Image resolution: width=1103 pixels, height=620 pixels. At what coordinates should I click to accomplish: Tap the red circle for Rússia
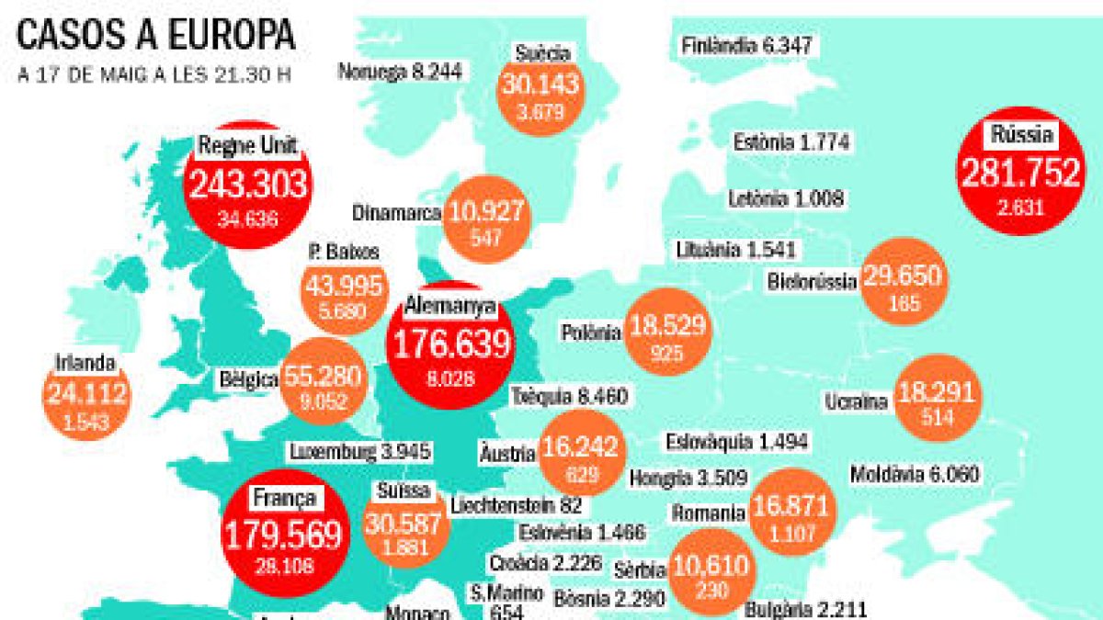(x=1020, y=175)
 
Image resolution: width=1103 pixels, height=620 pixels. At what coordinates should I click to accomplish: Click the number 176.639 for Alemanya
(x=451, y=344)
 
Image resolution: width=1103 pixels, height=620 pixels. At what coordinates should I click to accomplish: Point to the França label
(x=283, y=499)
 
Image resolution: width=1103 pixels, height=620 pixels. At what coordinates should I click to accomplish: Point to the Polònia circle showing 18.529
(x=667, y=332)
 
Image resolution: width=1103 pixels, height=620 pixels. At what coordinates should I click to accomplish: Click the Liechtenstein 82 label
(x=517, y=504)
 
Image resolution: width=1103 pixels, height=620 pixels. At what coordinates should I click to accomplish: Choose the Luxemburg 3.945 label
(x=359, y=452)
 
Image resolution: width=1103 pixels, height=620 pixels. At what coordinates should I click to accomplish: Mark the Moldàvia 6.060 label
(x=915, y=475)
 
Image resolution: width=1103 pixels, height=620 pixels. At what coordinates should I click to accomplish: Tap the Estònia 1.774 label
(x=791, y=142)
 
